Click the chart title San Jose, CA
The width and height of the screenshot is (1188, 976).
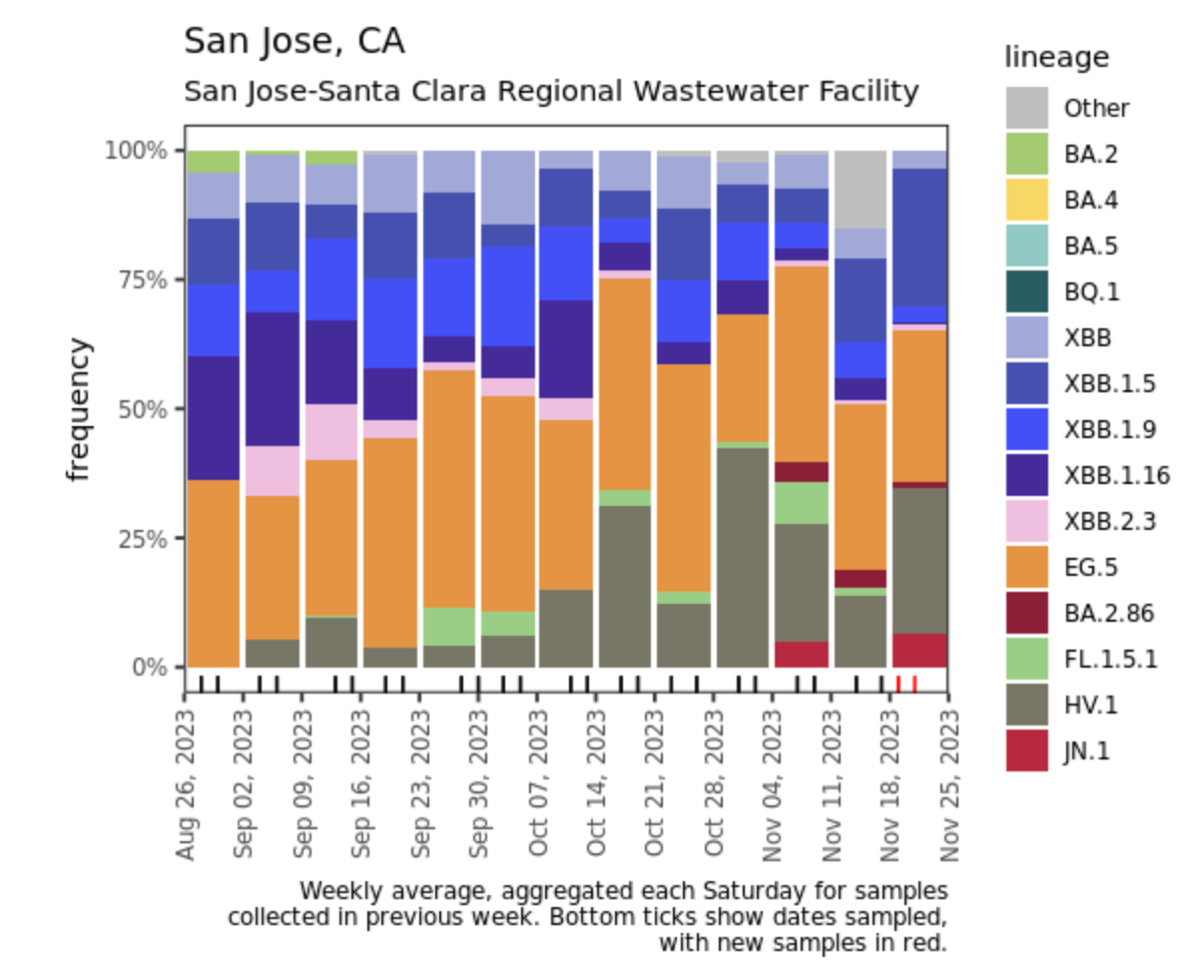coord(295,42)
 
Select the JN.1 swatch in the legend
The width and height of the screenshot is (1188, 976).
coord(1026,750)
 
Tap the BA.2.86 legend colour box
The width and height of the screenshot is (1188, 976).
coord(1026,613)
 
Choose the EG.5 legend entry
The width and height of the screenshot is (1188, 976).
coord(1026,567)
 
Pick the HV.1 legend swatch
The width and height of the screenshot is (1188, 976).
coord(1026,705)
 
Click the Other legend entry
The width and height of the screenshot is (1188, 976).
coord(1026,108)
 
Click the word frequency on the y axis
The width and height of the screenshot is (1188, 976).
coord(80,409)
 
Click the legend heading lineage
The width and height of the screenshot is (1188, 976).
coord(1056,58)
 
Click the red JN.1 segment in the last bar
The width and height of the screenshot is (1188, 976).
coord(919,651)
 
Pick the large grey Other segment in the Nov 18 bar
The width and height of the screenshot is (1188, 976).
coord(861,190)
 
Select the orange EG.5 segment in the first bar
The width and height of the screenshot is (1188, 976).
coord(213,573)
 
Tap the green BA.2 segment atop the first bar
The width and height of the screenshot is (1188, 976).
coord(213,162)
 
